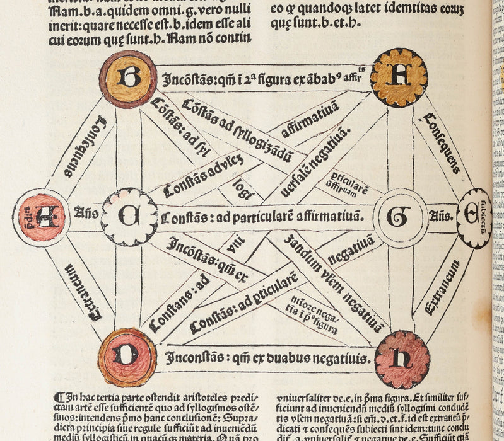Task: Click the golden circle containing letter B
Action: point(128,79)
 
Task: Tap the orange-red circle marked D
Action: point(127,357)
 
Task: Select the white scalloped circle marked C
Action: point(129,217)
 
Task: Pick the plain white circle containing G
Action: point(400,217)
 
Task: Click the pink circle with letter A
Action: point(41,217)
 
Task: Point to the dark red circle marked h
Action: point(402,359)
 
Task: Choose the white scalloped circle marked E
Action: point(474,217)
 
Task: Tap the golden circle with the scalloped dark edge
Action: point(399,77)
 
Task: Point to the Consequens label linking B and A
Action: point(85,147)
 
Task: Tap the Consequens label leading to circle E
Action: point(442,144)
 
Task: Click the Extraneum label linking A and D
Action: point(83,291)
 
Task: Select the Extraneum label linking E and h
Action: point(442,289)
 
